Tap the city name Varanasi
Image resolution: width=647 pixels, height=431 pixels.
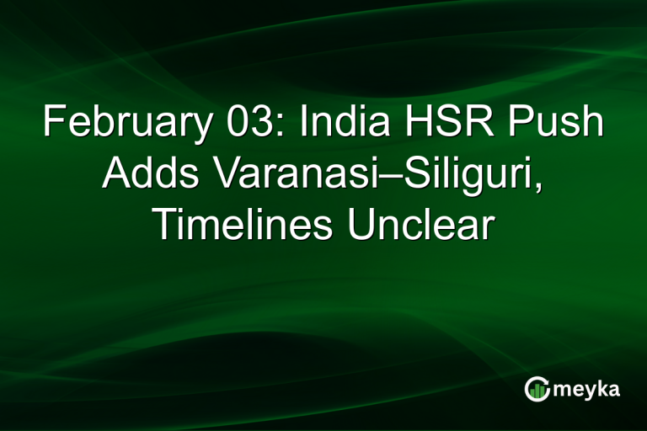click(285, 175)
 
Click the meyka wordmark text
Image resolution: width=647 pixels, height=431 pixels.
click(589, 389)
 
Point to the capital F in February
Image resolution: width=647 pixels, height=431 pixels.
click(54, 125)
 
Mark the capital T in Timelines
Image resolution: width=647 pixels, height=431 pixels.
click(163, 226)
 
